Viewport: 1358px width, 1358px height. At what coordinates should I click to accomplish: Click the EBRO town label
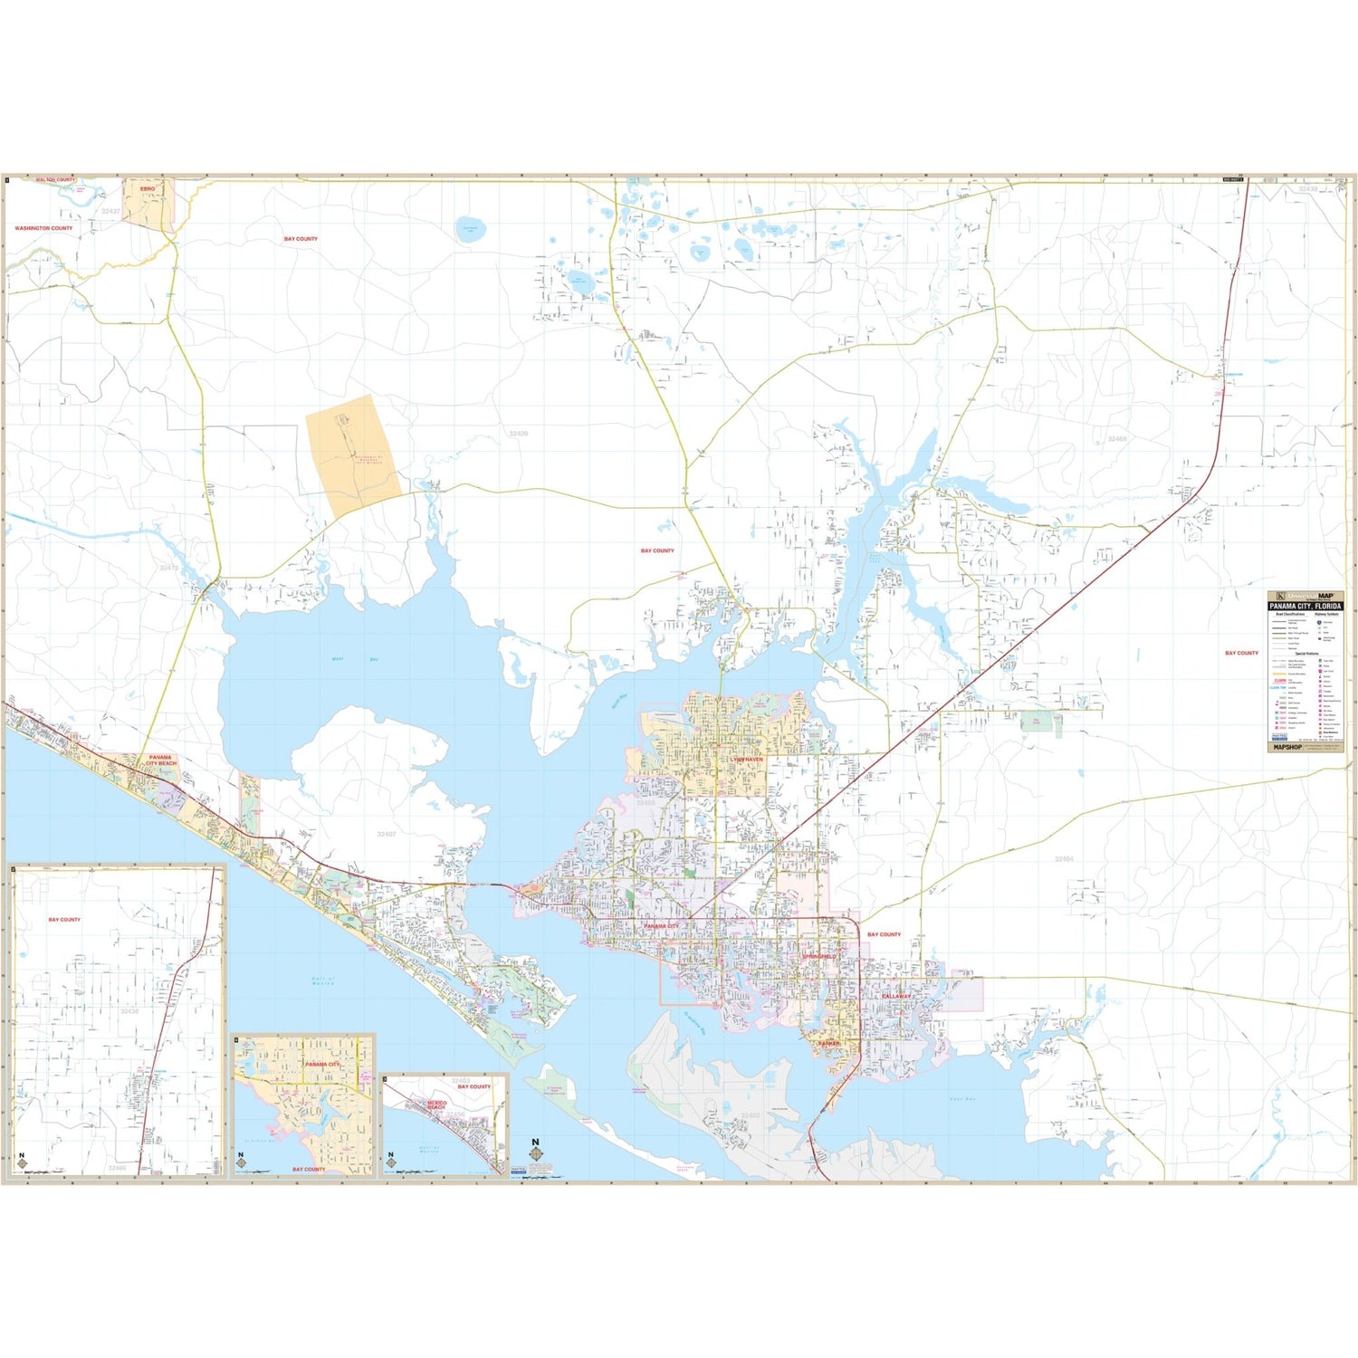tap(148, 188)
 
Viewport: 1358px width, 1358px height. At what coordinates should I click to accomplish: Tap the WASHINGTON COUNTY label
tap(43, 228)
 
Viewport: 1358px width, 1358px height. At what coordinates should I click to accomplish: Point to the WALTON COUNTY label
tap(56, 180)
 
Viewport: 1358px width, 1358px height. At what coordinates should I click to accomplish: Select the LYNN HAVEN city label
tap(747, 760)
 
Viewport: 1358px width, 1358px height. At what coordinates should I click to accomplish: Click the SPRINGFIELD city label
tap(819, 956)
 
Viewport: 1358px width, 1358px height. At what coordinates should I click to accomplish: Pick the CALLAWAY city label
tap(896, 996)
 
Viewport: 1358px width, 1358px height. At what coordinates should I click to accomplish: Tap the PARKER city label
tap(828, 1043)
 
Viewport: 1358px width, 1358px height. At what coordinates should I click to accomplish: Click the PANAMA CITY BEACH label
tap(160, 760)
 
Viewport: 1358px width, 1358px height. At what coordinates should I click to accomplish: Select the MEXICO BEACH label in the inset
tap(436, 1105)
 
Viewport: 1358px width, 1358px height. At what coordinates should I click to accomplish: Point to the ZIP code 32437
tap(110, 211)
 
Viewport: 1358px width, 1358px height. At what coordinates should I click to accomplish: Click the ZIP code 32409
tap(518, 434)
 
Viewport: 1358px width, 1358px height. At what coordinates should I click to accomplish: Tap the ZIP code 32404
tap(1064, 859)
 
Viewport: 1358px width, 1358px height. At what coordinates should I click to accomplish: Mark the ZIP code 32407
tap(387, 834)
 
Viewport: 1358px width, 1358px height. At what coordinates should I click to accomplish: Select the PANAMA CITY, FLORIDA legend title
tap(1305, 606)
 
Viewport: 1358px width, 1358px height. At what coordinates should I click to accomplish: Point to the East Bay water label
tap(961, 1099)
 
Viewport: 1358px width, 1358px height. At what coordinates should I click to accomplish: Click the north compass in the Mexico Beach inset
tap(391, 1159)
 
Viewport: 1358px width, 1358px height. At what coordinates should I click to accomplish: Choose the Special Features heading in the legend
tap(1305, 653)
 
